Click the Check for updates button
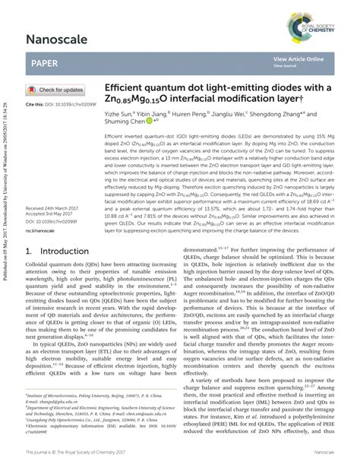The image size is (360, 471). [60, 90]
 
